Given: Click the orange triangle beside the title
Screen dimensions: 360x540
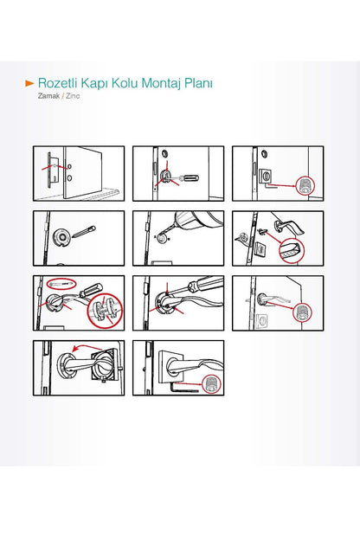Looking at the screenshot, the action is click(x=30, y=83).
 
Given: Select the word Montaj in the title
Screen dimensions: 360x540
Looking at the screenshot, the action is click(x=161, y=84).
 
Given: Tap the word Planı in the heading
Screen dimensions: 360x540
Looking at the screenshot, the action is click(x=198, y=83).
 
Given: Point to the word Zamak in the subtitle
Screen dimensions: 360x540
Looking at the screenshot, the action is click(x=48, y=96).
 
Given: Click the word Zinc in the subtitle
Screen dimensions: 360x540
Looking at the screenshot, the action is click(x=73, y=96).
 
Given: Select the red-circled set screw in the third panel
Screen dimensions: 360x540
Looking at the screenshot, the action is click(x=305, y=185).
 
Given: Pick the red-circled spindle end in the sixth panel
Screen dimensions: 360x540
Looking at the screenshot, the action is click(x=292, y=251).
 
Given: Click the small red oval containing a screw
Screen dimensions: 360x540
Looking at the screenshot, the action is click(x=61, y=284).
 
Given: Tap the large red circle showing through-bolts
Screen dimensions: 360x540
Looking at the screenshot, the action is click(x=104, y=311).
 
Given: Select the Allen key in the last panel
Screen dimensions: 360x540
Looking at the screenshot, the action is click(x=183, y=388).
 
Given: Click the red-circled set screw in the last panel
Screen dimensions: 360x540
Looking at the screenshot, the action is click(x=210, y=384).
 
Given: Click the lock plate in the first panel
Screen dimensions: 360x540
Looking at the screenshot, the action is click(x=50, y=170).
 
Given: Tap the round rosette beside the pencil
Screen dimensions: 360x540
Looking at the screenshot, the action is click(x=62, y=237).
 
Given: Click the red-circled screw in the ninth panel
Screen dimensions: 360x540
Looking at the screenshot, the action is click(x=303, y=313).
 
